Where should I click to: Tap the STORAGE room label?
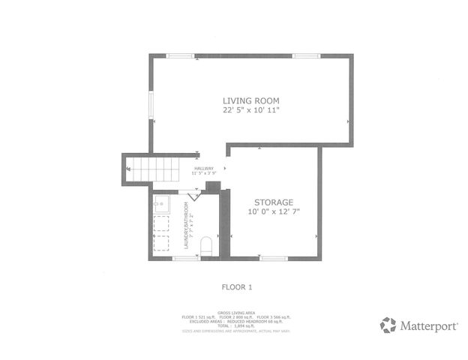click(x=273, y=202)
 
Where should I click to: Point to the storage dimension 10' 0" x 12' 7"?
click(x=273, y=211)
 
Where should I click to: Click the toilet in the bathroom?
click(x=207, y=247)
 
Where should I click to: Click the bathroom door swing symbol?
click(x=193, y=196)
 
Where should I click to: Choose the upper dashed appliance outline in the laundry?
click(x=162, y=223)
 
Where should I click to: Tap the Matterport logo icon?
click(x=388, y=325)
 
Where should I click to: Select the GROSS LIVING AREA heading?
click(x=234, y=312)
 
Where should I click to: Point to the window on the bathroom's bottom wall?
click(x=185, y=258)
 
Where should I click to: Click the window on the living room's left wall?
click(x=151, y=104)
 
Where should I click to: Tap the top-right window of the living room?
click(x=306, y=55)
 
